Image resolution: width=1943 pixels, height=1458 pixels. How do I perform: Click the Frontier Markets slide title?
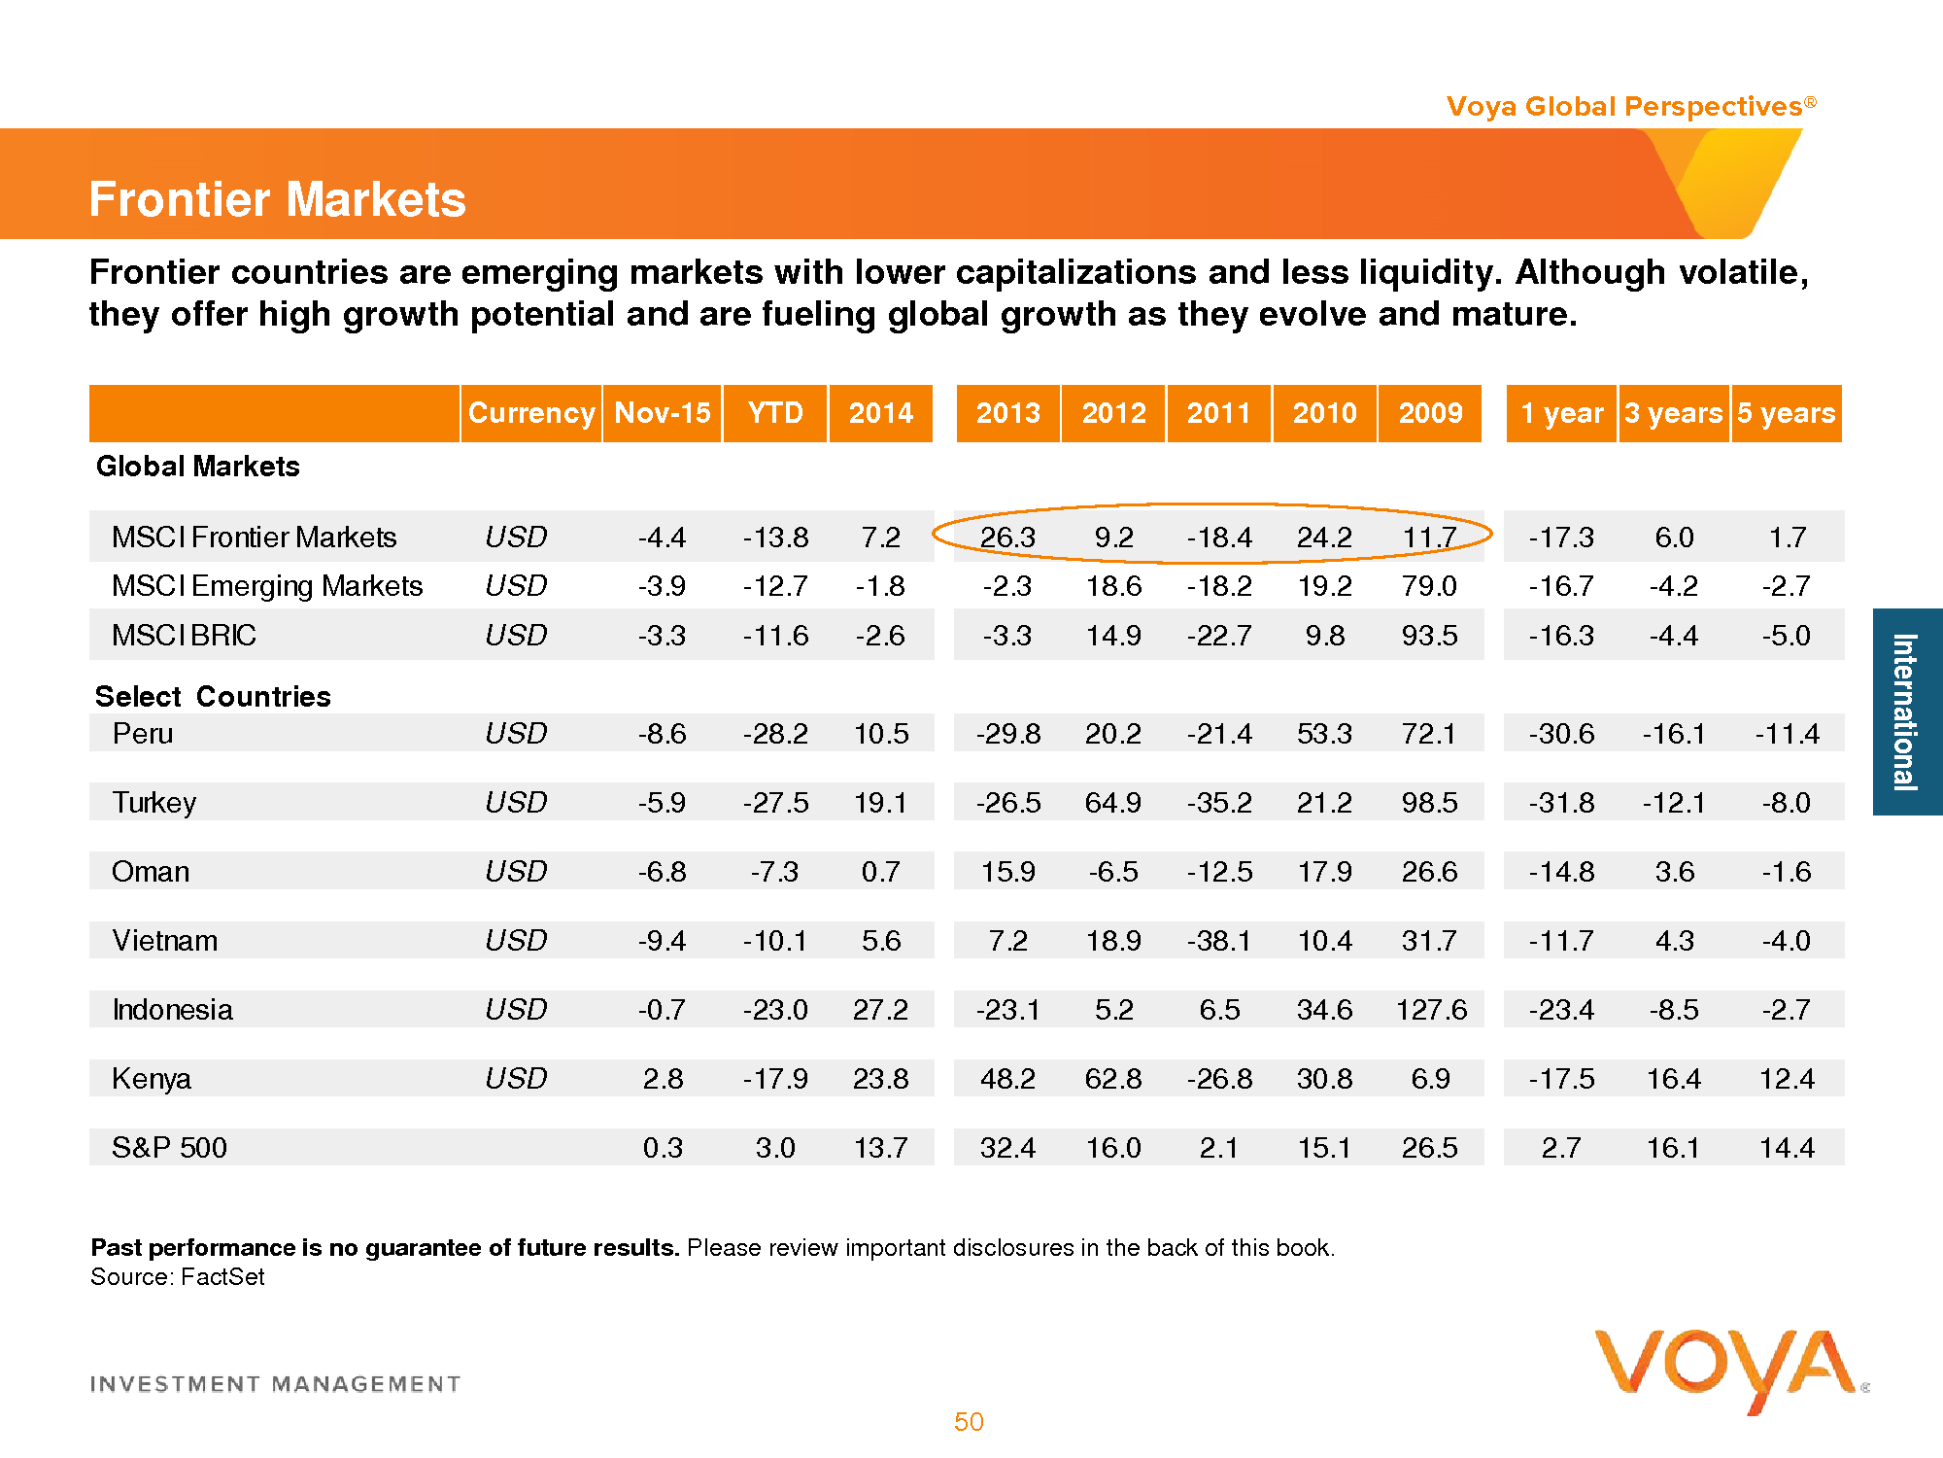[x=277, y=199]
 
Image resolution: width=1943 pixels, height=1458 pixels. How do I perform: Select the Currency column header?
[x=530, y=413]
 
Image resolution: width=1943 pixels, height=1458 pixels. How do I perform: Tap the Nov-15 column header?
[x=663, y=413]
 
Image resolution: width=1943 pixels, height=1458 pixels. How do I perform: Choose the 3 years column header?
[x=1673, y=413]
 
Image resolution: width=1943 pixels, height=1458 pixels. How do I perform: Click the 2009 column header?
[x=1430, y=413]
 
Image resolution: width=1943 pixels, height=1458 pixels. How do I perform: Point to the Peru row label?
[x=143, y=733]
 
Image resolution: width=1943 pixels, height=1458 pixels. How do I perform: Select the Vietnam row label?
[x=165, y=940]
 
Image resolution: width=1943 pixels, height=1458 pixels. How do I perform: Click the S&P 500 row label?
[x=169, y=1147]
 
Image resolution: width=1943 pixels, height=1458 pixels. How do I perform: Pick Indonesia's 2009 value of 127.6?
[x=1431, y=1010]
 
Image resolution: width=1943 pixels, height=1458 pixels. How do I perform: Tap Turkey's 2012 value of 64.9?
[x=1113, y=803]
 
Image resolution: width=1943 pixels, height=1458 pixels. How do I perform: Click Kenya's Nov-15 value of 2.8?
[x=663, y=1079]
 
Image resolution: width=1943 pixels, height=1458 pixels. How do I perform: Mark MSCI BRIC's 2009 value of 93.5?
[x=1430, y=636]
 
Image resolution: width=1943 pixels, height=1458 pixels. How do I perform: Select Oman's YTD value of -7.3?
[x=774, y=872]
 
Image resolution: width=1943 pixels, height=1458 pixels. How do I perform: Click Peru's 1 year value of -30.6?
[x=1561, y=734]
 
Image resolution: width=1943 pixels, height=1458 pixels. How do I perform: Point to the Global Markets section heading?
[x=197, y=467]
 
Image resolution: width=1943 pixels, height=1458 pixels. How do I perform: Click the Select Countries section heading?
[x=213, y=696]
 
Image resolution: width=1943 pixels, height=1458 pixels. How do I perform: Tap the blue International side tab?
[x=1906, y=712]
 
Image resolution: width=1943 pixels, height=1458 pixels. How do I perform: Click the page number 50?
[x=969, y=1422]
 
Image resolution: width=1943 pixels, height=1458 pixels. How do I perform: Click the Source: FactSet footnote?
[x=178, y=1276]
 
